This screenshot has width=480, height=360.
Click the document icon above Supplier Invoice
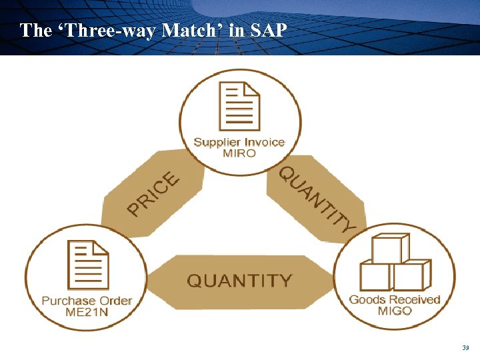click(x=239, y=107)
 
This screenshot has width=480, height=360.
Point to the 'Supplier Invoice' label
click(x=239, y=142)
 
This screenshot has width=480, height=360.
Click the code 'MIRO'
click(x=239, y=153)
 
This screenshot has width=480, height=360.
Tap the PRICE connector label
click(x=154, y=194)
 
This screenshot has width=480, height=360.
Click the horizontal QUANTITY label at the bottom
click(x=239, y=281)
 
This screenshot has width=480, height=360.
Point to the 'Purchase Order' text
click(x=87, y=301)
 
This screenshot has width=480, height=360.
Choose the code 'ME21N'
click(x=87, y=311)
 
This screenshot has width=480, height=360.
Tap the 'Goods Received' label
click(x=395, y=299)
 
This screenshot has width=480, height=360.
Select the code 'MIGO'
click(x=395, y=311)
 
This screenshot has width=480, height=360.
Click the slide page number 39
click(x=465, y=348)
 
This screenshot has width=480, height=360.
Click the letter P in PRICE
click(x=135, y=210)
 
